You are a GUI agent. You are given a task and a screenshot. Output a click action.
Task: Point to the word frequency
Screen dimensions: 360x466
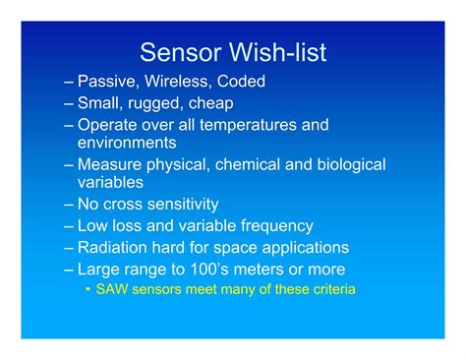point(275,226)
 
